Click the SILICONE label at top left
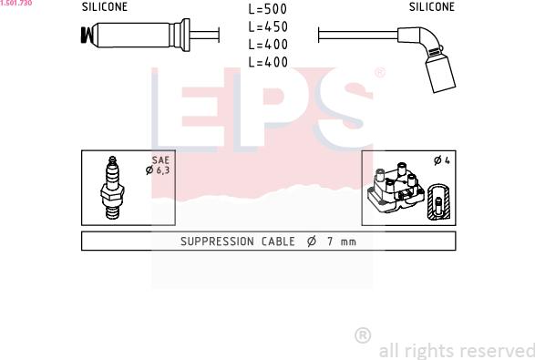[x=105, y=6]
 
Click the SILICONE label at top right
[x=432, y=6]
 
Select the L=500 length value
[x=268, y=9]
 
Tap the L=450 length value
[x=268, y=27]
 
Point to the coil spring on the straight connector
[x=87, y=36]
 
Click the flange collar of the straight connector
[x=185, y=36]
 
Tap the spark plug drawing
[x=112, y=188]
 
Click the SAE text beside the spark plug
[x=160, y=160]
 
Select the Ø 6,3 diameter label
[x=158, y=170]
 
